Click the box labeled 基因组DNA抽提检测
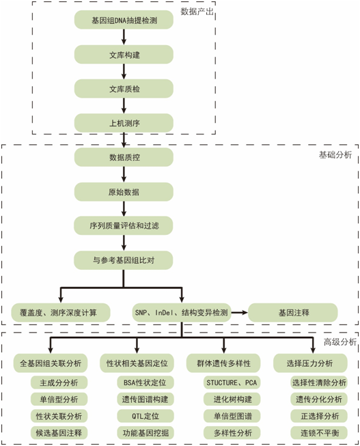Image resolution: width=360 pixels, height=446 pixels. point(124,20)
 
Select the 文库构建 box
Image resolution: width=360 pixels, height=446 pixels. point(124,55)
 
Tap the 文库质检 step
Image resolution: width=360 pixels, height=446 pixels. point(124,89)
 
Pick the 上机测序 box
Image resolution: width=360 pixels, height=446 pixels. point(124,124)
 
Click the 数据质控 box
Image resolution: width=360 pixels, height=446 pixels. point(124,158)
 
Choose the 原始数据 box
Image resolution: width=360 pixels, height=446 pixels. point(124,192)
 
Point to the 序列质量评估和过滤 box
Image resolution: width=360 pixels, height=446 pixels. point(124,225)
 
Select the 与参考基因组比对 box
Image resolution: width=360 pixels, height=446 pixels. point(124,260)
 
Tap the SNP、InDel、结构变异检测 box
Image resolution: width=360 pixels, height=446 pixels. point(181,312)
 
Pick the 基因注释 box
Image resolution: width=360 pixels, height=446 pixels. point(294,312)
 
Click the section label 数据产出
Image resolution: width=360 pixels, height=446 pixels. point(197,12)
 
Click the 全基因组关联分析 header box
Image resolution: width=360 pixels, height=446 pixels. point(51,363)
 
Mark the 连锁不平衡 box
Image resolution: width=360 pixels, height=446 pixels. point(319,432)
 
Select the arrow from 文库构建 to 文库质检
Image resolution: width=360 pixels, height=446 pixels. point(124,72)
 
